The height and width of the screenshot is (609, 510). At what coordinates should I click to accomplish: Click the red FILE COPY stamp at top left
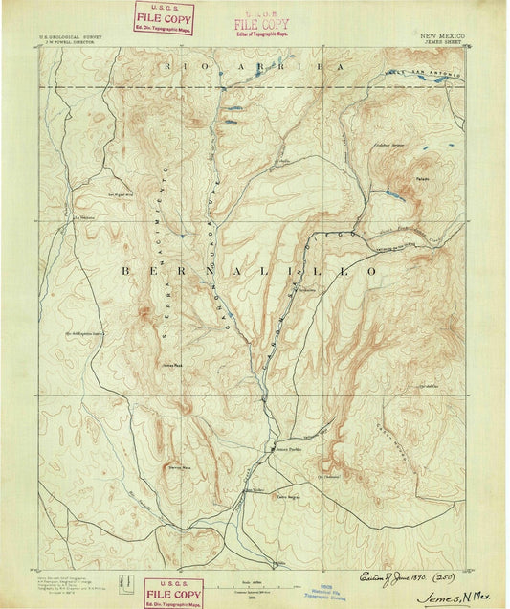(165, 17)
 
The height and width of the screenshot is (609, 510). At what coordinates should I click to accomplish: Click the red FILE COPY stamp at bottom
(173, 594)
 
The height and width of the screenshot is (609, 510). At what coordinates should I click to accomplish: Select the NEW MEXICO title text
(443, 34)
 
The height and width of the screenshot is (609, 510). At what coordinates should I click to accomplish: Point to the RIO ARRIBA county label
(253, 66)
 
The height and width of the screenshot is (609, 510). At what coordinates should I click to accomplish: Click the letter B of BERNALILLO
(126, 272)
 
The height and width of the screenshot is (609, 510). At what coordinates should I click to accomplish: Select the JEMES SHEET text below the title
(443, 40)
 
